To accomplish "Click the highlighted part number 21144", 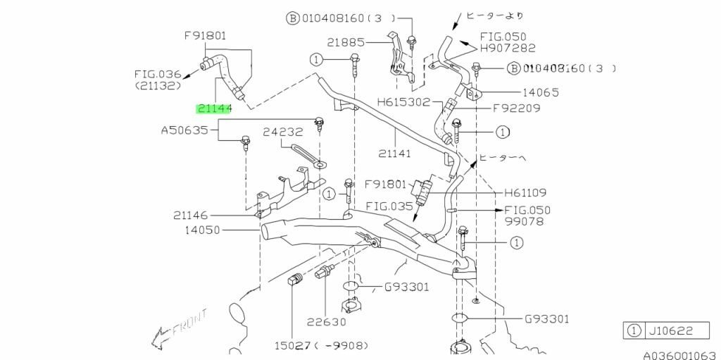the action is point(214,108).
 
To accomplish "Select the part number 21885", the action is point(345,42).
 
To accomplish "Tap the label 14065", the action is point(540,92).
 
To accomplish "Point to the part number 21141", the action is point(394,154).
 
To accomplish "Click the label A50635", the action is point(184,130).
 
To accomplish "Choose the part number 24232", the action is point(283,132).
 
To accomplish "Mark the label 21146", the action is point(191,215).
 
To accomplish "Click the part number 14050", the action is point(202,230).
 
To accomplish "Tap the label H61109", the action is point(525,192).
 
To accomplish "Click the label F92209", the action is point(516,108).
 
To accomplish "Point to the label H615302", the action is point(403,101).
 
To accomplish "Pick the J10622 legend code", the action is point(677,330).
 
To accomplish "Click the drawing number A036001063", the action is point(682,355).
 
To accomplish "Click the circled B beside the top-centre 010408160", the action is point(292,18).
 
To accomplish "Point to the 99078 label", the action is point(524,221).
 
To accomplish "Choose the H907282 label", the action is point(508,47).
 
